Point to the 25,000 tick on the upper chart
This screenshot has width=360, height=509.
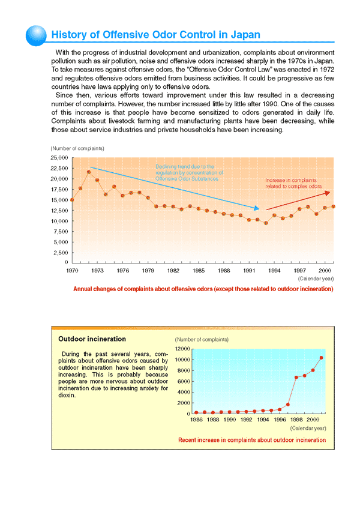(x=58, y=157)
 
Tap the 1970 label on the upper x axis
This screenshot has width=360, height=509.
(x=72, y=271)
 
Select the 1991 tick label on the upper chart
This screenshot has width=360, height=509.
(x=249, y=271)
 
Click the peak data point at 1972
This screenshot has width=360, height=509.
(x=89, y=172)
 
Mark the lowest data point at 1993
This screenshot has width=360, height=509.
(x=266, y=223)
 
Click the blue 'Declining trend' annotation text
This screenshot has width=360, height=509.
(x=189, y=172)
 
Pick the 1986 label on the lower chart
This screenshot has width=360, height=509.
(x=196, y=420)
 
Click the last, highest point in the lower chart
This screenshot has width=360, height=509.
(x=321, y=358)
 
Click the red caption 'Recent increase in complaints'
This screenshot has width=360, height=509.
(x=252, y=440)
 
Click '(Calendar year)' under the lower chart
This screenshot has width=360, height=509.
(x=308, y=429)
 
